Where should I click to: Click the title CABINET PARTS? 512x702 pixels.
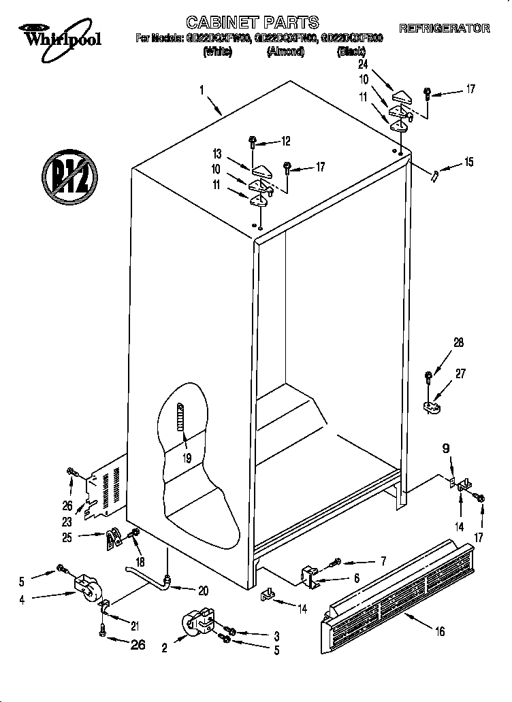252,23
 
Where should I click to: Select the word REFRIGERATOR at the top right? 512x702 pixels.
444,29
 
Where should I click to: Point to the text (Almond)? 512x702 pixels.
285,52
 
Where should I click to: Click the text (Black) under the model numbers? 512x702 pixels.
353,52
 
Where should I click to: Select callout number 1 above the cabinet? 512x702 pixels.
202,90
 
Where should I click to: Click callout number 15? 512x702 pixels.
468,162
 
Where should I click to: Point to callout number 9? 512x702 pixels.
446,448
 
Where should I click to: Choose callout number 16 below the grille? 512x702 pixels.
440,632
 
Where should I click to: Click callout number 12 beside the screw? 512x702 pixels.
285,141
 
